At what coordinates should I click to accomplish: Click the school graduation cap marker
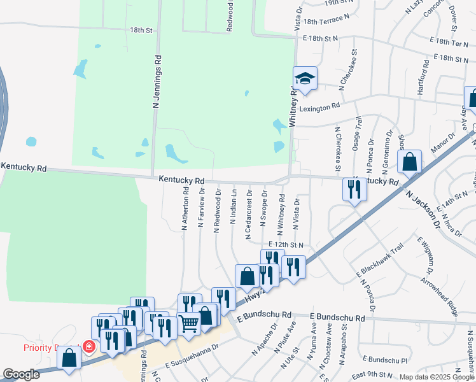pos(305,80)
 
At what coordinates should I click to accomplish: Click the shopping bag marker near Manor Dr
pos(410,162)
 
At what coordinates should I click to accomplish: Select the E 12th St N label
pos(286,244)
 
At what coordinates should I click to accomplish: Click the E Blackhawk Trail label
pos(380,262)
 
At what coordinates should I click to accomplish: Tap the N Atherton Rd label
pos(185,208)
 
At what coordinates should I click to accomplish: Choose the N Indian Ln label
pos(234,210)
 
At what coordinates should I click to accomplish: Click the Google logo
pos(22,374)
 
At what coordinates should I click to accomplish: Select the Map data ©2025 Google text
pos(437,377)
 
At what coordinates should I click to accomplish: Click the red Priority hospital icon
pos(89,347)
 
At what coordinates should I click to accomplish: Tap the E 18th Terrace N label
pos(327,21)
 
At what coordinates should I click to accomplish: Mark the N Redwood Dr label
pos(218,210)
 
